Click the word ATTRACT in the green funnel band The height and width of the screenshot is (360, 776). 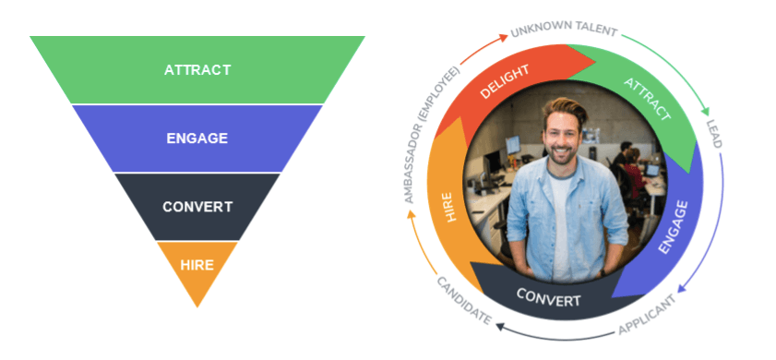[197, 69]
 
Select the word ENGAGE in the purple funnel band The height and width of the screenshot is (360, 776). [197, 138]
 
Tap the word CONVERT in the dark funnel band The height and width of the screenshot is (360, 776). [197, 206]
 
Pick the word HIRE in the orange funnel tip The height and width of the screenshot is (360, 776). [197, 265]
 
